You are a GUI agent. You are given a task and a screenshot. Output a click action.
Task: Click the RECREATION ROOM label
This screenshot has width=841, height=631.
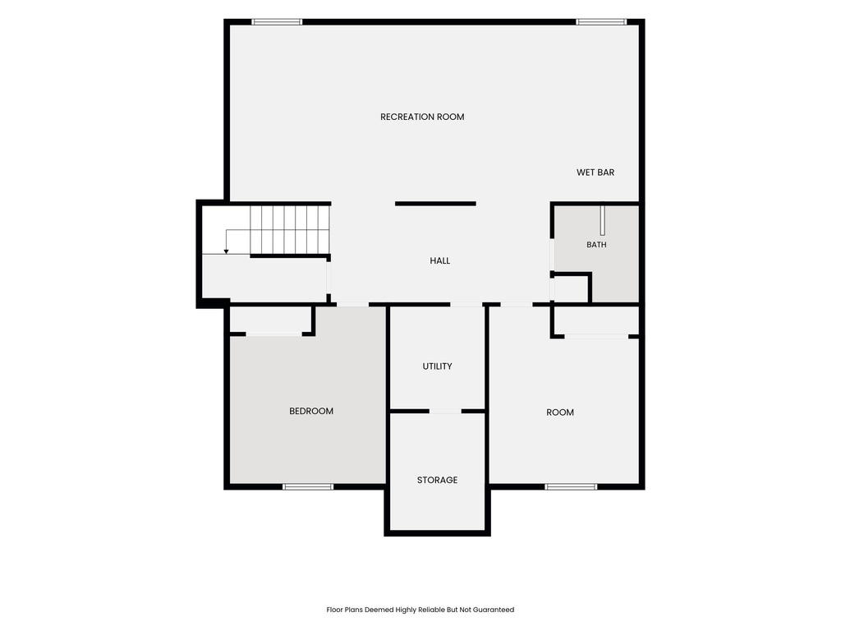point(422,117)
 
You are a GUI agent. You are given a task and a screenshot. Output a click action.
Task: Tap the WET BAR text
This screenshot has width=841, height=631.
point(595,173)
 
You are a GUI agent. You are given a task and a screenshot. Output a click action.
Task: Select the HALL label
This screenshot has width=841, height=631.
point(440,260)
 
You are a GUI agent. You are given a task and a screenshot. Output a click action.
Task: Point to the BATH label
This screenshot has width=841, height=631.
point(596,245)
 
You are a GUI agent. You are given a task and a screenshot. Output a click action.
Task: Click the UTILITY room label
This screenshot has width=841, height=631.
point(437,366)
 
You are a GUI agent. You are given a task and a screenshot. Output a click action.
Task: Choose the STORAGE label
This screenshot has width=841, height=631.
point(437,480)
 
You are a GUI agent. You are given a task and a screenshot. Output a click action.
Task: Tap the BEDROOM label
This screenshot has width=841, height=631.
point(311,411)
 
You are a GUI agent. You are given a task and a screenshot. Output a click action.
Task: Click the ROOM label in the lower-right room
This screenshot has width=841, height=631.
point(560,412)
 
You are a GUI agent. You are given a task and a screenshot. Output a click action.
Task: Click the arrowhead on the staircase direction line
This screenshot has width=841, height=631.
point(227,251)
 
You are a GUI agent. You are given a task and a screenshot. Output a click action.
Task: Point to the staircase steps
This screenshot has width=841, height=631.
point(290,230)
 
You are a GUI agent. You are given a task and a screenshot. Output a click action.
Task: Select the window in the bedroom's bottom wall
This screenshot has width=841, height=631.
point(308,486)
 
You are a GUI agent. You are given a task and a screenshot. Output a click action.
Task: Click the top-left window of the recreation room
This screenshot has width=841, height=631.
point(277,22)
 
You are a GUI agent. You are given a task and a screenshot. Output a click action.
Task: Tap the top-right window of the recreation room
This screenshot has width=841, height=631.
point(600,22)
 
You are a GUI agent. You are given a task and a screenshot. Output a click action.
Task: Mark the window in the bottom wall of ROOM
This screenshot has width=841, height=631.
point(571,486)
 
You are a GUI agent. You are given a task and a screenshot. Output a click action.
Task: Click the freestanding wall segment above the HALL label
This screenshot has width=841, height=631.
point(435,204)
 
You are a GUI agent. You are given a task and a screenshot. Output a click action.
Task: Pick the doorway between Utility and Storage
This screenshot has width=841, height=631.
point(445,412)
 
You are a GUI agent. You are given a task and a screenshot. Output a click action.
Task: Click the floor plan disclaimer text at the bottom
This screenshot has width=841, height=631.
point(420,610)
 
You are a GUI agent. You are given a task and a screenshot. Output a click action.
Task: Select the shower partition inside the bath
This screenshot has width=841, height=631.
point(602,220)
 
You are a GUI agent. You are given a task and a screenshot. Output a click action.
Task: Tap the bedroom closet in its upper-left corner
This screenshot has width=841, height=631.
point(270,320)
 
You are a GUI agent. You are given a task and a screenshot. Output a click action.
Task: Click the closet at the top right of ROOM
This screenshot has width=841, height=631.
point(596,321)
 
